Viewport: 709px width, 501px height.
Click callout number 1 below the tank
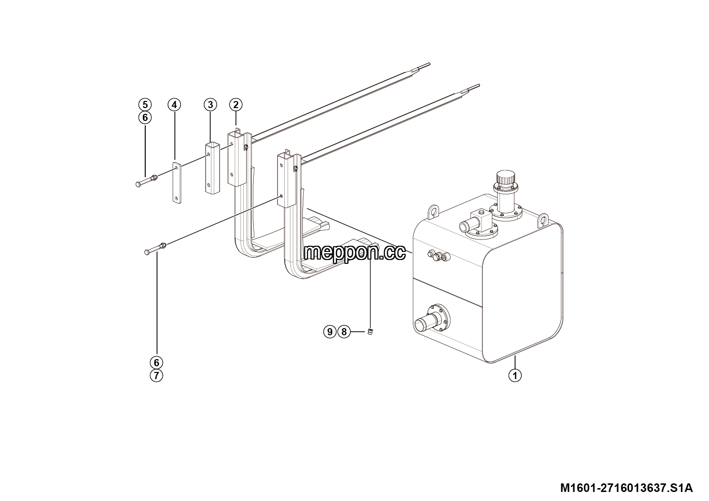(x=515, y=376)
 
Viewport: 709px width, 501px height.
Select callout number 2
(x=236, y=105)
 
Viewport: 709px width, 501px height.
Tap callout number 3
(x=210, y=105)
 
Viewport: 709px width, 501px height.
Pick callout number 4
(x=174, y=105)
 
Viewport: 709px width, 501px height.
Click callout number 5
(x=145, y=104)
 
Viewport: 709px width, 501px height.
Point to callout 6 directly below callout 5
(x=145, y=118)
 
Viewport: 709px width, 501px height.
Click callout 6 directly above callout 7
(x=156, y=362)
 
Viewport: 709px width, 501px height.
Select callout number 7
(x=156, y=376)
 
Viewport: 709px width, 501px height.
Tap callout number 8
(x=344, y=332)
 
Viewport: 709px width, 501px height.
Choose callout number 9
(x=330, y=332)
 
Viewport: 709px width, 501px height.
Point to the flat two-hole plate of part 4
(x=177, y=183)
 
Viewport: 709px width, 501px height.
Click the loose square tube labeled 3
(x=212, y=168)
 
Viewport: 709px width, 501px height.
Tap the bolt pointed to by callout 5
(x=147, y=180)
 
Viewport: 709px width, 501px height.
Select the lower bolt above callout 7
(x=155, y=249)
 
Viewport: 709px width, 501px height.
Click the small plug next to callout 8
(x=370, y=331)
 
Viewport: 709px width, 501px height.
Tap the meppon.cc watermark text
(x=354, y=252)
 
